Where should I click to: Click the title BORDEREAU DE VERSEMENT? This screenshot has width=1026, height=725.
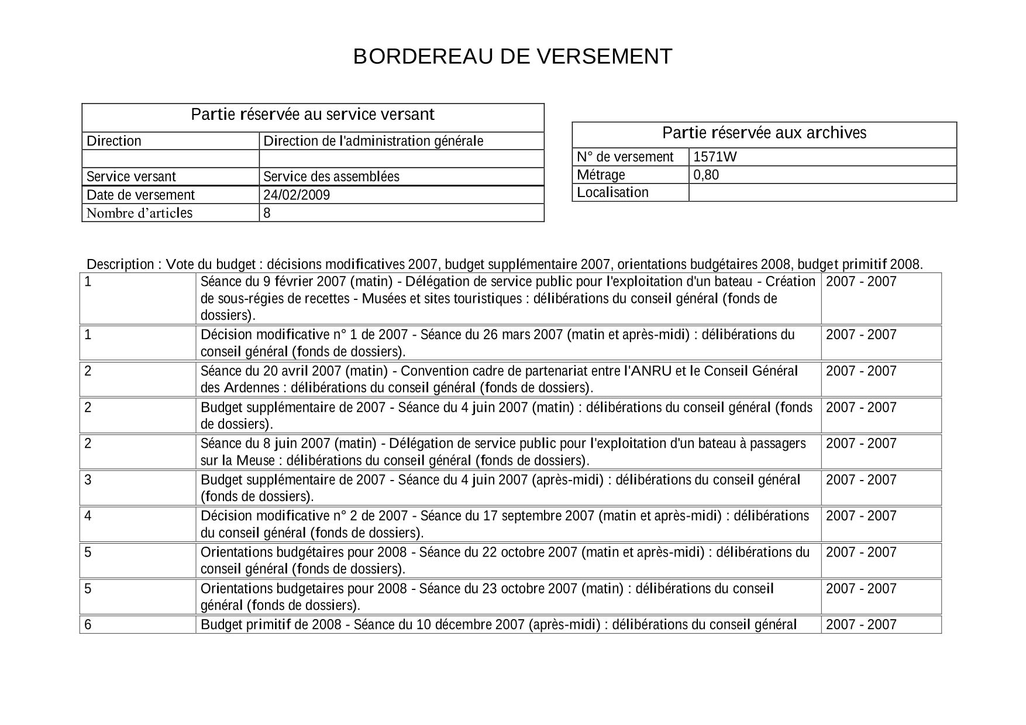point(512,57)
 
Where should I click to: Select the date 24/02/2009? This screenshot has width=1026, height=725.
point(297,195)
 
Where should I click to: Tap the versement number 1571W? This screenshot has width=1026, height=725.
point(715,157)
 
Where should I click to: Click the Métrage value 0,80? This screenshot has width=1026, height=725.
point(706,175)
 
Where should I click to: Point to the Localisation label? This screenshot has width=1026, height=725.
point(612,192)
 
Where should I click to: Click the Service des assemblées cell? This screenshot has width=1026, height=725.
point(331,177)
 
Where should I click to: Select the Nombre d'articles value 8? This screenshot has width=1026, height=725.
point(267,213)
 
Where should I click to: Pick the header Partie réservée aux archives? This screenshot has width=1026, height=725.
point(764,133)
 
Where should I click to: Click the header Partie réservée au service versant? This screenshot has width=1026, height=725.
point(312,115)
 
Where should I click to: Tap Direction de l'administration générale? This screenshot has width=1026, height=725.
point(373,141)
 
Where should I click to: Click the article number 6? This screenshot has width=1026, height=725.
point(88,624)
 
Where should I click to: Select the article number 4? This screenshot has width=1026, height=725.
point(88,516)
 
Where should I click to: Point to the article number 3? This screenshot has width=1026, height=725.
point(88,479)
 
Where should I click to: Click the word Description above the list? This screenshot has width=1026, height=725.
point(120,264)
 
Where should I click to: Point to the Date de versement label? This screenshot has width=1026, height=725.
point(140,195)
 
